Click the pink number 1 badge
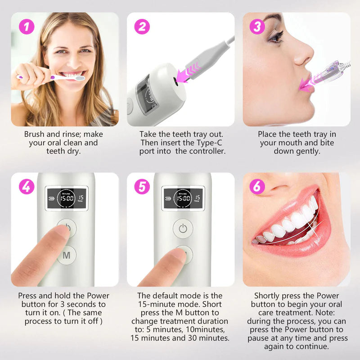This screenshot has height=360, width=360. [x=27, y=27]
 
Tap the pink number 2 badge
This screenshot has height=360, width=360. [x=142, y=27]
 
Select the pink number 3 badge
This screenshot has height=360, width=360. [x=257, y=27]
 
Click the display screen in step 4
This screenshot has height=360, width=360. [x=67, y=198]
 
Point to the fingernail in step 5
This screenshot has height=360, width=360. [x=179, y=255]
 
